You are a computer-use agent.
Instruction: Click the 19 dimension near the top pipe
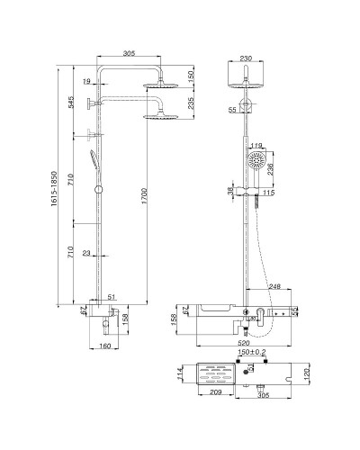coord(86,82)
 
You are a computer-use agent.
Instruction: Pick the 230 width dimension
coord(247,58)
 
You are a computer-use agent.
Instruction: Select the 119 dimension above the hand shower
coord(256,145)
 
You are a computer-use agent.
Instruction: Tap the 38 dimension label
coord(230,191)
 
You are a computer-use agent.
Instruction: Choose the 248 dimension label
coord(274,286)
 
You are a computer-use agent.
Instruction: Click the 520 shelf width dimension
coord(244,343)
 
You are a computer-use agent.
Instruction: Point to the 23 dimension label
coord(86,253)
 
